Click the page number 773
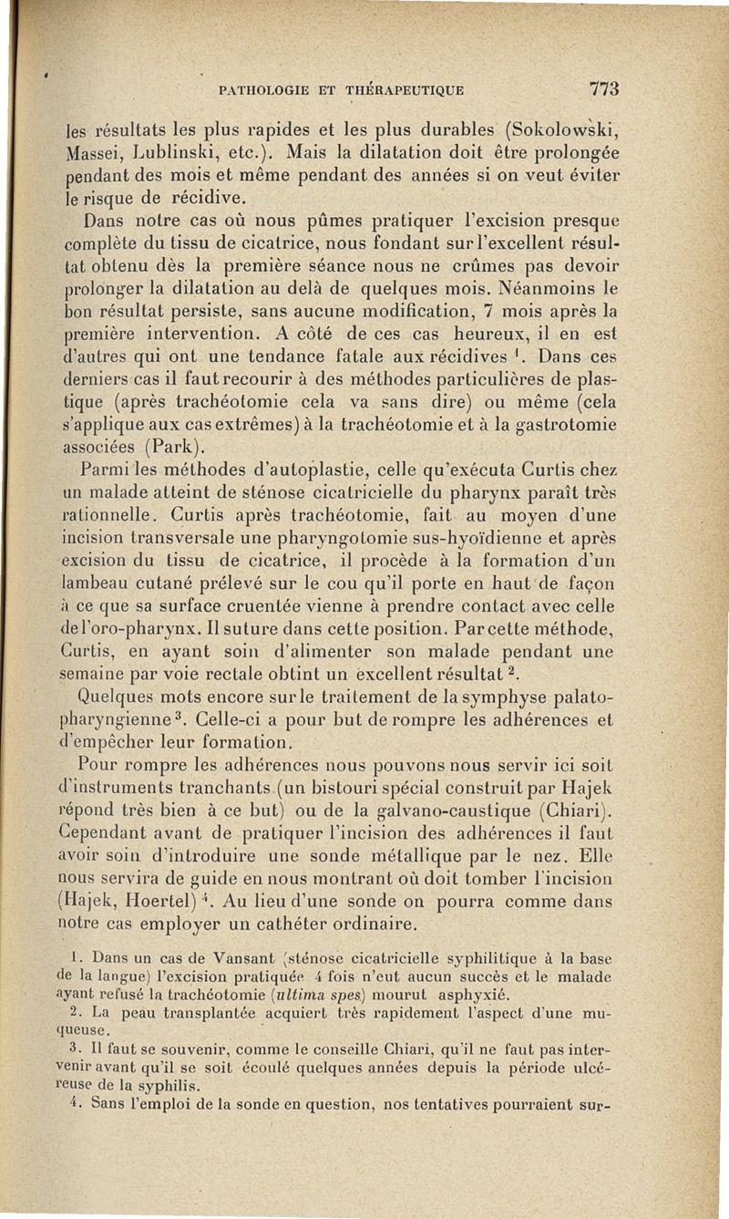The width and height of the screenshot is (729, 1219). point(604,89)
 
